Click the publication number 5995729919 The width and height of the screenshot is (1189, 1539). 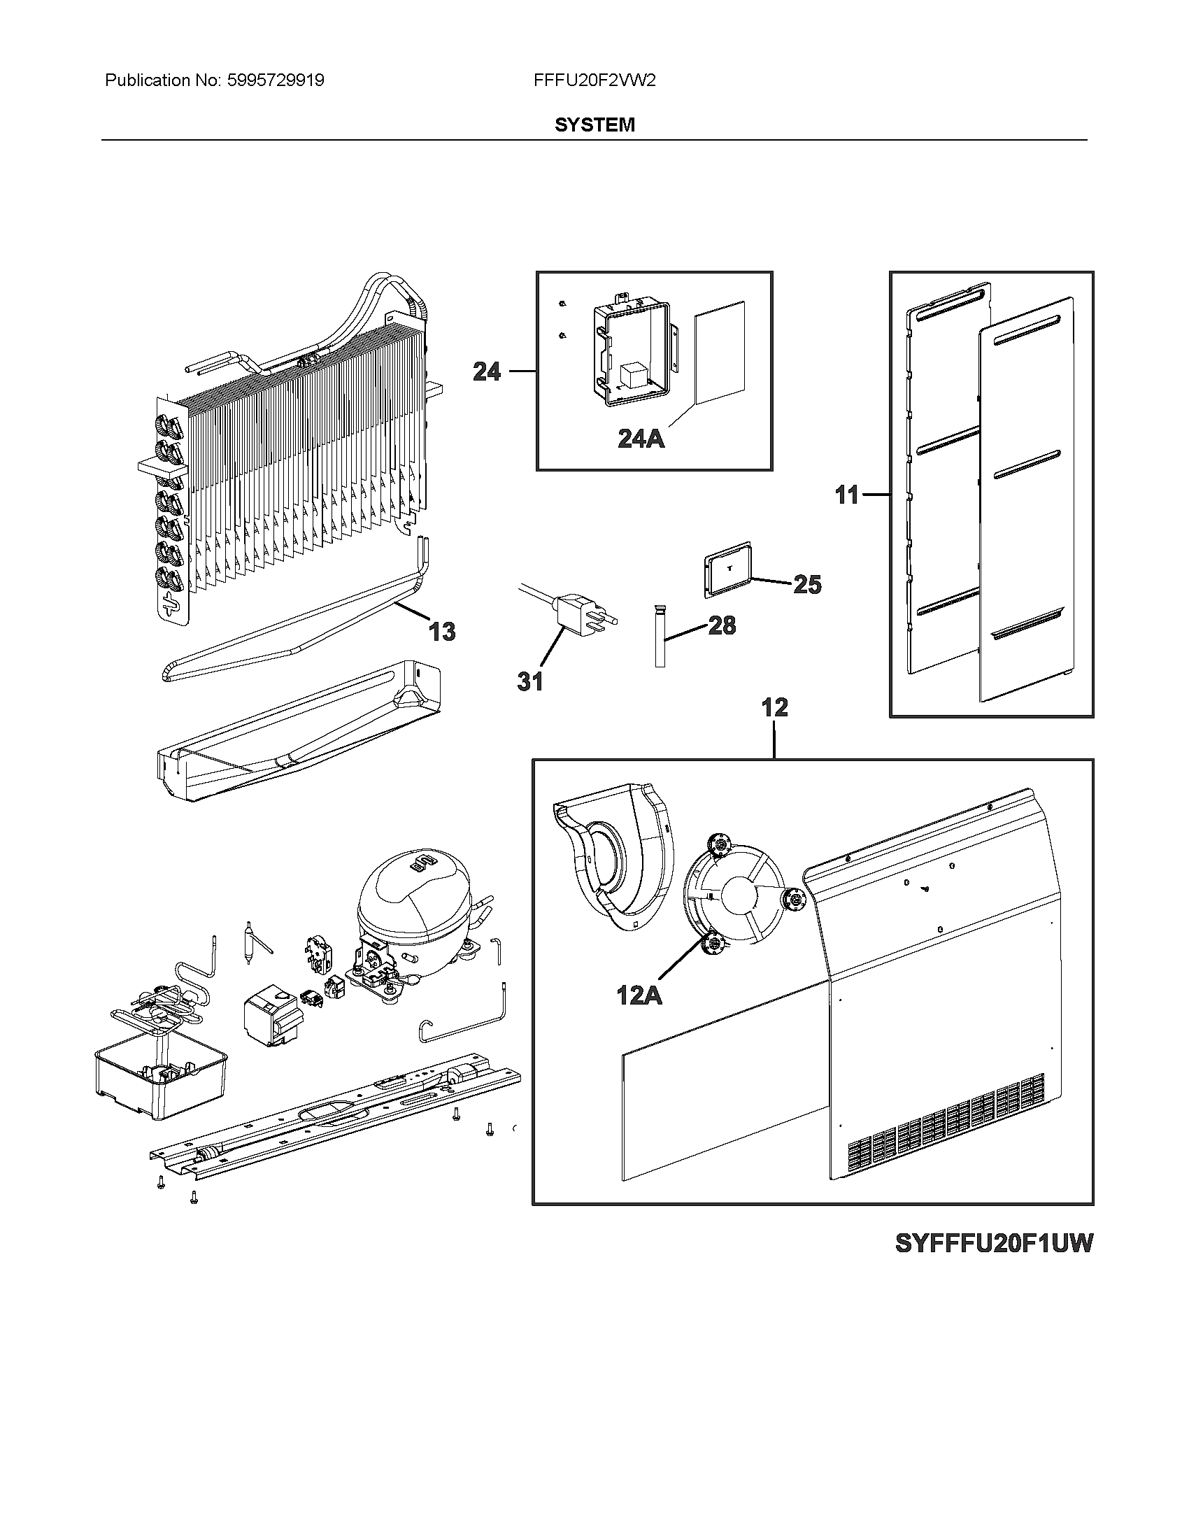[x=275, y=80]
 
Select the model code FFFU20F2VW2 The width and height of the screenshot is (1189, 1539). [x=594, y=80]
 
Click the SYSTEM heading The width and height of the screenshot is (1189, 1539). [x=594, y=125]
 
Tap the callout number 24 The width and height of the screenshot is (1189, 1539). [x=487, y=371]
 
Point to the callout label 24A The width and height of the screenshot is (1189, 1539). [x=641, y=439]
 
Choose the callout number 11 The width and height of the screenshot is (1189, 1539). [x=848, y=495]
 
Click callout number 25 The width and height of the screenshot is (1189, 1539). [x=807, y=584]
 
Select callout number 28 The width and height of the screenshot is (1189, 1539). [x=722, y=625]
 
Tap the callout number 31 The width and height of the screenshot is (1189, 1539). [x=530, y=681]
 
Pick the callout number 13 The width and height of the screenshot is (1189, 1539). [x=442, y=632]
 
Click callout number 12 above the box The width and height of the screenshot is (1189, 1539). [x=775, y=707]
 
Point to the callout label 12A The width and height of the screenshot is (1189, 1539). [x=639, y=995]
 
